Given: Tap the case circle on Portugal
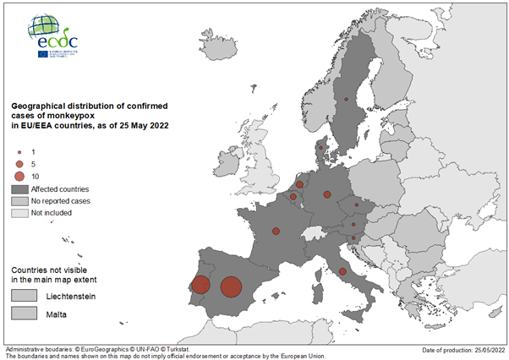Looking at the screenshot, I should (200, 285).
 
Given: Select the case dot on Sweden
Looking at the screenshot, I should (346, 100).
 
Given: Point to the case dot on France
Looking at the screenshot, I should (276, 231).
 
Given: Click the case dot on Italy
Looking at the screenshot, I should (342, 271).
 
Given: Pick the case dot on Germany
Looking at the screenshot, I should (327, 194).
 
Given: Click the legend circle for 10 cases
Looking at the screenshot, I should (19, 176).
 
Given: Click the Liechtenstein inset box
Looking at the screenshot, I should (25, 295).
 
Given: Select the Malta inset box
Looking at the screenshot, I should (25, 314).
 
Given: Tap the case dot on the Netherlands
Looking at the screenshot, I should (300, 183).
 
